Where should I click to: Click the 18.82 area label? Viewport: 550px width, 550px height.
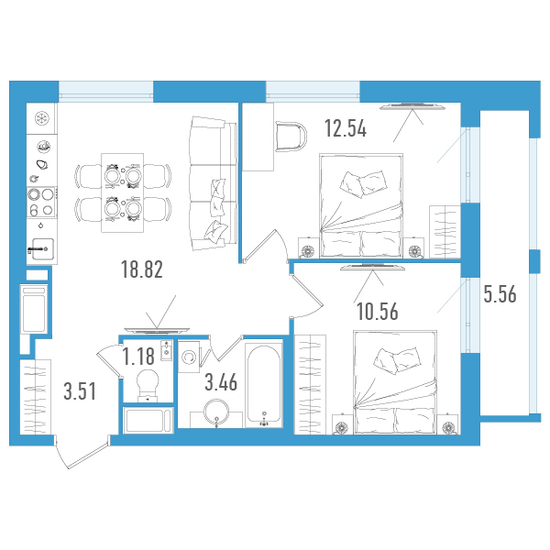point(142,269)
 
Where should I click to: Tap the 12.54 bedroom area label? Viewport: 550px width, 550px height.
point(346,128)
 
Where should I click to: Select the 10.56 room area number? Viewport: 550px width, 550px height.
point(378,312)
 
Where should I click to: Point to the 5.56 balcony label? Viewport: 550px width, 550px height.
point(500,294)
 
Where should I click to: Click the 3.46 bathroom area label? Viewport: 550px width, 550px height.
point(221,382)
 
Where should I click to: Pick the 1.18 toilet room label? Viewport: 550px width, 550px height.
point(138,356)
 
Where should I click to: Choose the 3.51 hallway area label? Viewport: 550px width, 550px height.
point(80,391)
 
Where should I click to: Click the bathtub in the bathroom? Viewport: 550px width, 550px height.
point(264,385)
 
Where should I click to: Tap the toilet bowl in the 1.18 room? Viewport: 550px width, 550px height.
point(148,385)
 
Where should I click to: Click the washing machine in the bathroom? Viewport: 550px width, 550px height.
point(189,357)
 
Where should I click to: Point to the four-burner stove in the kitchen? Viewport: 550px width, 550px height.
point(41,203)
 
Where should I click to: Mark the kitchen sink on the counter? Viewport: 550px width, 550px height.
point(42,248)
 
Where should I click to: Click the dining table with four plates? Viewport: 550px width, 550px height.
point(123,192)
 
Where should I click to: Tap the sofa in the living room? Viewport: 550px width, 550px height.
point(213,182)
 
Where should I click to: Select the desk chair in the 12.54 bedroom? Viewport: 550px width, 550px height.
point(291,136)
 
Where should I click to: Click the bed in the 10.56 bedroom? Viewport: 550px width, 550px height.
point(396,381)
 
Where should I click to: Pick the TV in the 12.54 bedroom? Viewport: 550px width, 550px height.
point(412,106)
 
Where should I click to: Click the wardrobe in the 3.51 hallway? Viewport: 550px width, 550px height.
point(36,397)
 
